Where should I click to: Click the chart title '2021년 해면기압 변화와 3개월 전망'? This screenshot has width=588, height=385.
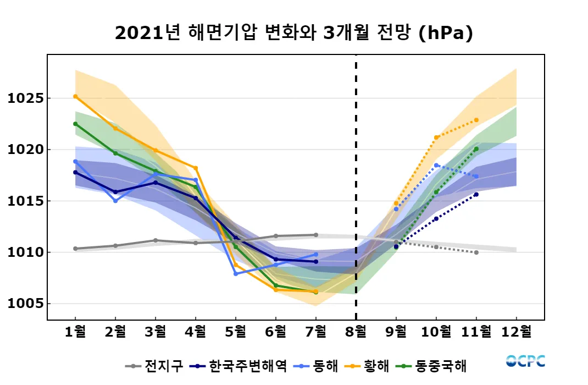[294, 34]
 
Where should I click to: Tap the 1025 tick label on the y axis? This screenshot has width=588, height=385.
[25, 98]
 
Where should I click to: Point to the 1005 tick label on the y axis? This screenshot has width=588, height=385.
[25, 304]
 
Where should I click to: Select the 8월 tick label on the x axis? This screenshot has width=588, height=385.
[356, 332]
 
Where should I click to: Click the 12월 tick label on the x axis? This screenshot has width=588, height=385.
[516, 332]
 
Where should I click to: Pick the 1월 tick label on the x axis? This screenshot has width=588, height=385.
[75, 332]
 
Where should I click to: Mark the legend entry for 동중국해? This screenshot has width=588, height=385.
[435, 366]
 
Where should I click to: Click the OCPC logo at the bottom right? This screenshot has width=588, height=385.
[525, 361]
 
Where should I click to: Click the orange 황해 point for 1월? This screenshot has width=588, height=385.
[75, 96]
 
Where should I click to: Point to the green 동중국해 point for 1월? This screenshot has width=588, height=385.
[75, 124]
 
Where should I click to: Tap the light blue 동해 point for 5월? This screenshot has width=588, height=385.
[236, 273]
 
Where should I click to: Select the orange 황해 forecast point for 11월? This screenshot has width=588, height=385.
[476, 120]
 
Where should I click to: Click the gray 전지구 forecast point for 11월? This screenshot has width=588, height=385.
[476, 252]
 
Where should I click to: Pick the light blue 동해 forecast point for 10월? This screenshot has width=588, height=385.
[436, 165]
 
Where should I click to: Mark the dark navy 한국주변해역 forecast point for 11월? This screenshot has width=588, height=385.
[476, 194]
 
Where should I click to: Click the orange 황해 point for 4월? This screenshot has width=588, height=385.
[196, 168]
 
